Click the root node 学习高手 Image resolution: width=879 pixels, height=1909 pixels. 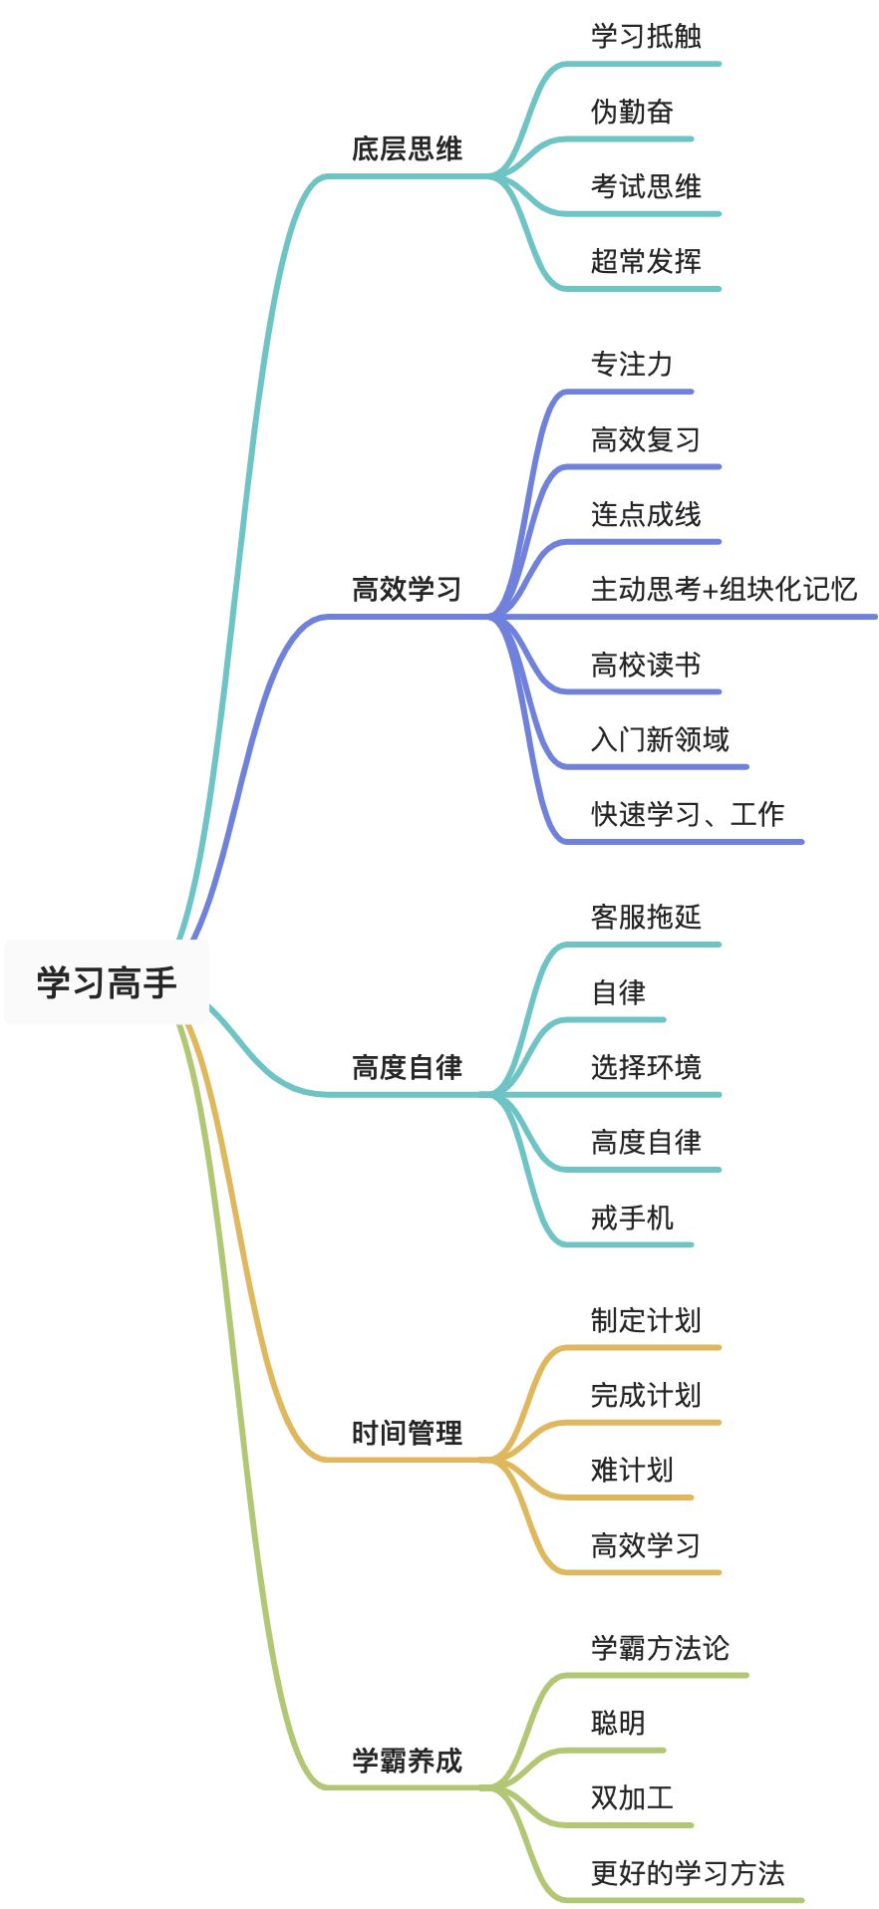[107, 982]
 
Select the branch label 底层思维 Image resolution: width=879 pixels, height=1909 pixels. [407, 149]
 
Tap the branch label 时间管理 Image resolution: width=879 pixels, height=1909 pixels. [407, 1433]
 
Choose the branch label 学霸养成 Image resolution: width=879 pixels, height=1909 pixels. [407, 1761]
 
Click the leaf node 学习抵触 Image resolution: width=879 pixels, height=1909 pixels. [646, 36]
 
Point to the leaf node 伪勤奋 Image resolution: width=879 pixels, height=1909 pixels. [632, 112]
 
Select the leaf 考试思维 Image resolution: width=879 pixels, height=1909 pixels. [646, 186]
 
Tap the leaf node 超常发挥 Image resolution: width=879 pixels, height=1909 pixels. [646, 261]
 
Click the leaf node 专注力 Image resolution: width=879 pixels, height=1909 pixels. [632, 365]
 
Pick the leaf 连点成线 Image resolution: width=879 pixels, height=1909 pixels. [646, 514]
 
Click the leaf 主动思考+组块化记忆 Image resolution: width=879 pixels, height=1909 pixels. [724, 589]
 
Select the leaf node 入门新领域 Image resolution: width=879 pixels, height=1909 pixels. [660, 739]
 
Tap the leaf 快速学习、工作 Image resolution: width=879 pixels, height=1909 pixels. [688, 814]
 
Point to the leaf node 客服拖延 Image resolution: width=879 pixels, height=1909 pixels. [646, 917]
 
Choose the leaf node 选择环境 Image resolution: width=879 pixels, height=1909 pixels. [646, 1067]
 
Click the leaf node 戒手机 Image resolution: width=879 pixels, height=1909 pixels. [632, 1218]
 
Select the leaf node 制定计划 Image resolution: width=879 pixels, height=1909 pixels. [646, 1320]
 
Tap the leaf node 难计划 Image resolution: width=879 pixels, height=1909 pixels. [632, 1470]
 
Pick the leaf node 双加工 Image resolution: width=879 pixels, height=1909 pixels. [632, 1797]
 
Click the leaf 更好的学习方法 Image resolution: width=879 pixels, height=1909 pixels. [688, 1873]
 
